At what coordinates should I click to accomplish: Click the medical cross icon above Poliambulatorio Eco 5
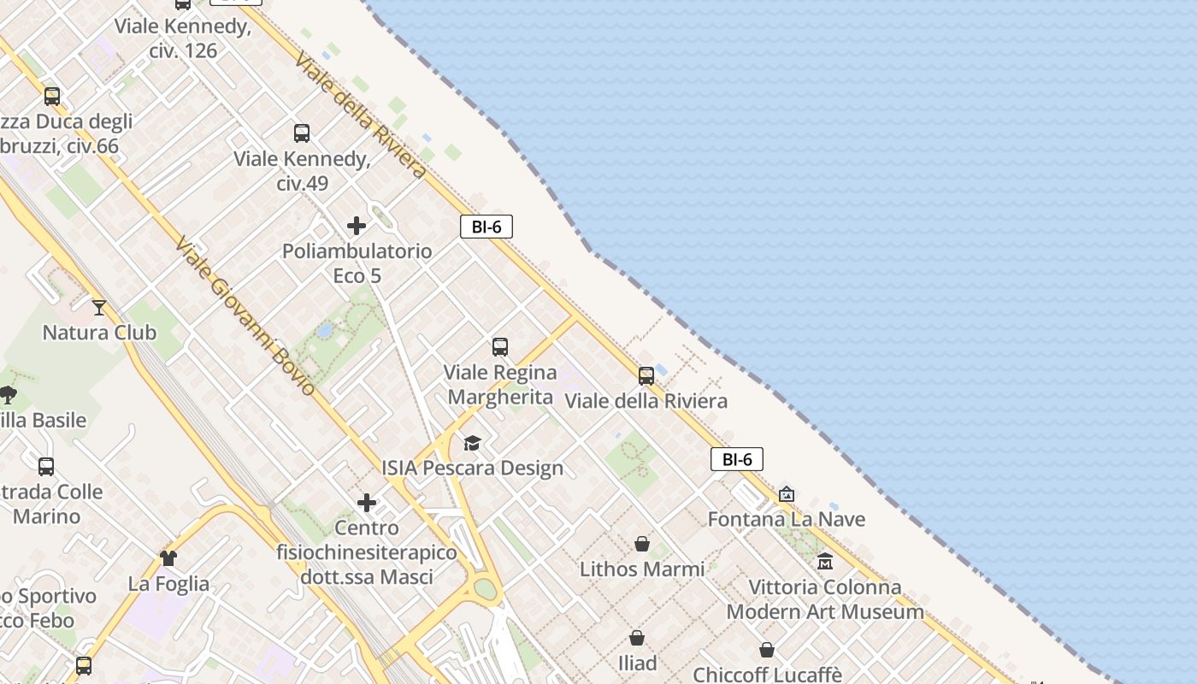click(x=357, y=226)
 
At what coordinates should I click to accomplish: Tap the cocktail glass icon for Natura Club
click(x=99, y=307)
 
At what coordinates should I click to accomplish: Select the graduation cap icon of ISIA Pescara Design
click(x=472, y=443)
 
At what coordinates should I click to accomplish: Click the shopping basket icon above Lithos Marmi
click(x=641, y=544)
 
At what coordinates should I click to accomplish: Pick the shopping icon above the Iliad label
click(x=637, y=638)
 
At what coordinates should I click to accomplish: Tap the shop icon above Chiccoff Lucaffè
click(x=767, y=650)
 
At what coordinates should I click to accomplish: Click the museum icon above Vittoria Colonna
click(x=825, y=562)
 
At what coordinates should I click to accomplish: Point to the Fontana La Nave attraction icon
click(x=787, y=494)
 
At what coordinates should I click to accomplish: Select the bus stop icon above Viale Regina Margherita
click(x=500, y=347)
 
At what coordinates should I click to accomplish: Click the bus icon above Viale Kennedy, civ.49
click(x=302, y=133)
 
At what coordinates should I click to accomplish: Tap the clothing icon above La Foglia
click(x=168, y=558)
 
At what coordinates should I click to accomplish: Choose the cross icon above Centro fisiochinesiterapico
click(x=367, y=503)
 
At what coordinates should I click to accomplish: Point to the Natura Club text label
click(x=99, y=333)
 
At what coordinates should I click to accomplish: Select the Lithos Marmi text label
click(x=642, y=569)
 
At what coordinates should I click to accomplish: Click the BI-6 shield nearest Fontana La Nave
click(x=737, y=459)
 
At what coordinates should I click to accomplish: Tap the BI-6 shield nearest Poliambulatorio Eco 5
click(x=486, y=227)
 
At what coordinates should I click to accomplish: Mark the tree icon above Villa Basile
click(x=9, y=394)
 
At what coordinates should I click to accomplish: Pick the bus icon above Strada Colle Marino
click(x=46, y=467)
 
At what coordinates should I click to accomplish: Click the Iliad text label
click(x=637, y=663)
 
